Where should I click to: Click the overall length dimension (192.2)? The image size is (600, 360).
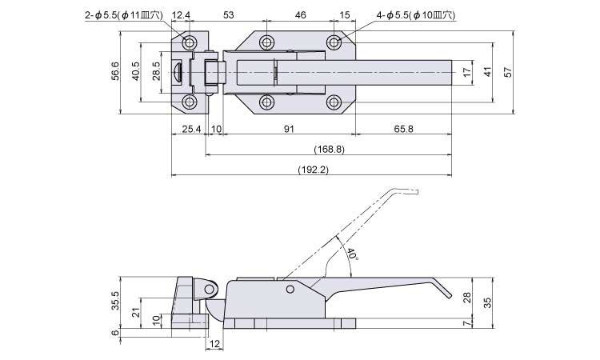click(313, 169)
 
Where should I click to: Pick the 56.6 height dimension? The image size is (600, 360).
click(116, 72)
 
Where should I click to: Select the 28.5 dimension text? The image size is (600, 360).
click(156, 72)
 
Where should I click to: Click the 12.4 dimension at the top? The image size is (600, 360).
click(182, 15)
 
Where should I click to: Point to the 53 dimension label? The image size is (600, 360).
click(228, 15)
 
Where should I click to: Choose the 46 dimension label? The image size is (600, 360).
click(301, 15)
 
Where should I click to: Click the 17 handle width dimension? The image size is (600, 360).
click(467, 72)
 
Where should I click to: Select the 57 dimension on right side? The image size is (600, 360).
click(507, 72)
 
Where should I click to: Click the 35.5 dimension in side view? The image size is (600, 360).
click(116, 300)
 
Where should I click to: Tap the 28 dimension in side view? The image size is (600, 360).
click(467, 298)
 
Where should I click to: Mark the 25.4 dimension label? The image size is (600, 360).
click(190, 129)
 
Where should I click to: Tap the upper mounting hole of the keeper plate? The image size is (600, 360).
click(190, 42)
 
